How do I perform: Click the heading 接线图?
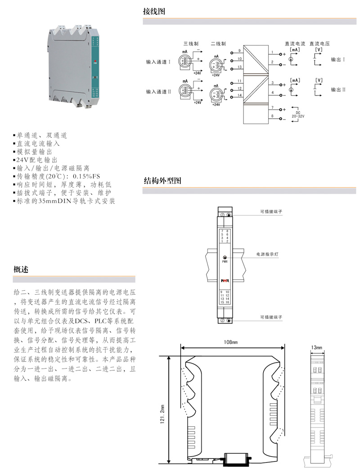coord(154,11)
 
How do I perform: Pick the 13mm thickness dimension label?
coord(316,348)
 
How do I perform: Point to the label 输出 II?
coord(338,90)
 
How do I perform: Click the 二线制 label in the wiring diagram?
coord(218,44)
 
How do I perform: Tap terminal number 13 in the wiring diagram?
coord(240,67)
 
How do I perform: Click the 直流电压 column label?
coord(319,44)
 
